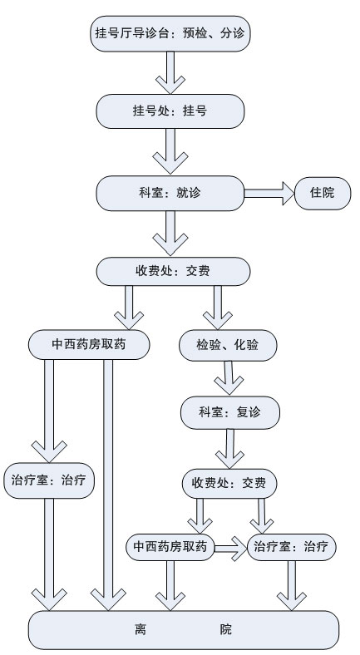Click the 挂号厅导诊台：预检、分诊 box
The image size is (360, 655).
click(170, 34)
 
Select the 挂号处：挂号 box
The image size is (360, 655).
click(170, 111)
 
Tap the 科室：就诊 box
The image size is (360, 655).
click(170, 193)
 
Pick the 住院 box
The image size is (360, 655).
click(323, 193)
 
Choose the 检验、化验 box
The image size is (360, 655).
click(228, 345)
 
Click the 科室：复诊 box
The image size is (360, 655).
click(230, 412)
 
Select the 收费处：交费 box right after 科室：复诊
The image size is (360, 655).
click(229, 483)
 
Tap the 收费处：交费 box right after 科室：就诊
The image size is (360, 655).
click(173, 272)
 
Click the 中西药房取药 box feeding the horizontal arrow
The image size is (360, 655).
click(170, 547)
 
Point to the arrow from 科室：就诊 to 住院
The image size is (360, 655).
click(269, 193)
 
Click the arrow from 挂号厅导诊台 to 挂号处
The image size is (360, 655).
click(170, 72)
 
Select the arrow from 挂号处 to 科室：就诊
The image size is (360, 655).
click(170, 151)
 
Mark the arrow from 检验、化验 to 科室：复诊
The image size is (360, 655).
click(229, 377)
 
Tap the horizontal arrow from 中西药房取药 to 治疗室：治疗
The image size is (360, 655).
click(231, 547)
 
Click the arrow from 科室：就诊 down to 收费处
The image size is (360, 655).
click(170, 233)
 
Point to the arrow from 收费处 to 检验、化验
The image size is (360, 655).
click(218, 308)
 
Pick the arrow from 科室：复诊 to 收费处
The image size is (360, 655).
click(229, 449)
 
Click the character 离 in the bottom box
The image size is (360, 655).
click(141, 629)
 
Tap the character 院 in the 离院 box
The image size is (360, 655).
click(225, 629)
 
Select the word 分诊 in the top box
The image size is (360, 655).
click(232, 33)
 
